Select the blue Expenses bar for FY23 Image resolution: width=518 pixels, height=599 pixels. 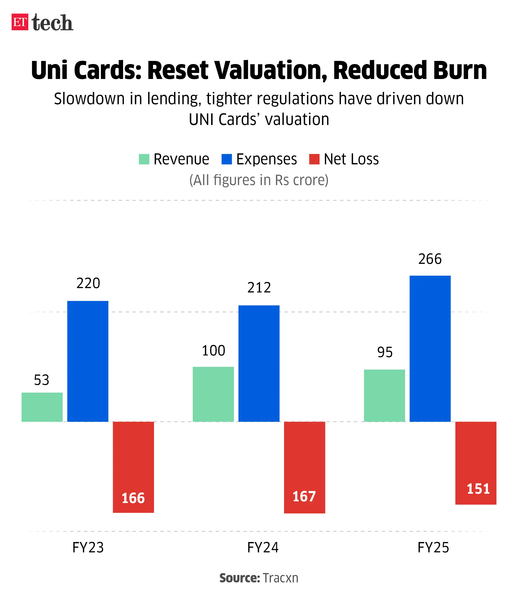coord(88,361)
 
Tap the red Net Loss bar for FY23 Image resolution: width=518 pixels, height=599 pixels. coord(133,467)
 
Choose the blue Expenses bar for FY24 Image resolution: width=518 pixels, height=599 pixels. coord(259,363)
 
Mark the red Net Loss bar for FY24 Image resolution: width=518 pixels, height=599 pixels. coord(304,467)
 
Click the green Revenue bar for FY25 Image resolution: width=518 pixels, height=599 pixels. coord(384,395)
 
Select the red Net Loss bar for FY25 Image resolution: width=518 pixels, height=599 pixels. coord(476,463)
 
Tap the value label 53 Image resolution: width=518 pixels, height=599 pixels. coord(42,380)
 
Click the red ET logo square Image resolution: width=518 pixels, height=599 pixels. coord(20,22)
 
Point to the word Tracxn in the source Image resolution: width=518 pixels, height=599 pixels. coord(280,578)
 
